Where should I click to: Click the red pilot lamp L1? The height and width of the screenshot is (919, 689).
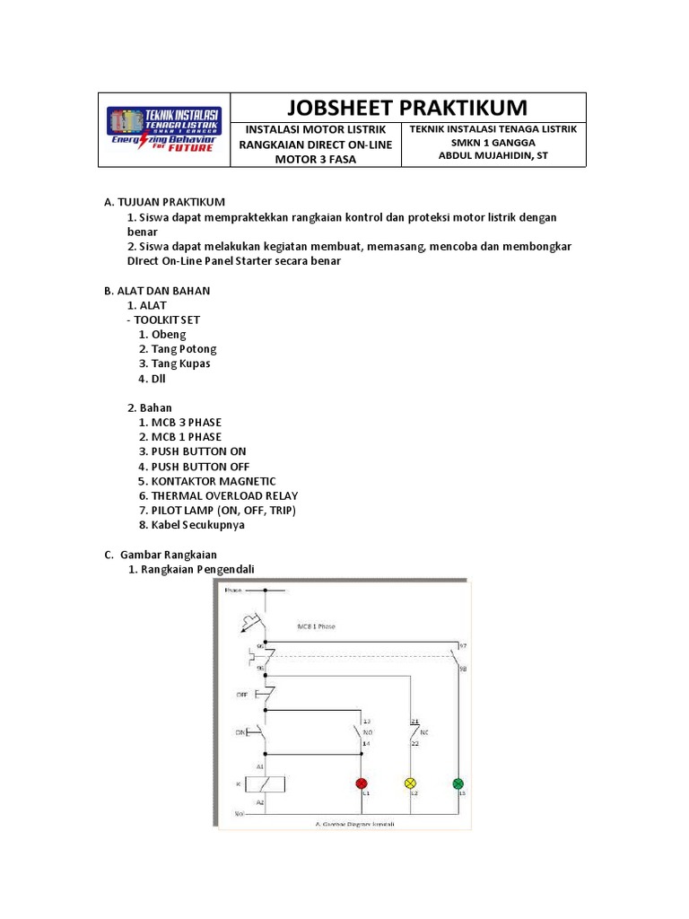[x=363, y=783]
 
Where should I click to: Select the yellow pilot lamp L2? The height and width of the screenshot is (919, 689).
[x=412, y=783]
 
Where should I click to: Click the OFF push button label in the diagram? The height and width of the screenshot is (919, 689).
[x=241, y=695]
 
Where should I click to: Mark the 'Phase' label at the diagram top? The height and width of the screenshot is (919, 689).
[x=234, y=591]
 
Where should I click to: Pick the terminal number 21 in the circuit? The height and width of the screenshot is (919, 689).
[x=414, y=721]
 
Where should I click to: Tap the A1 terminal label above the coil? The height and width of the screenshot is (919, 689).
[x=261, y=767]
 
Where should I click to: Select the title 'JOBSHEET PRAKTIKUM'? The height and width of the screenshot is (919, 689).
[x=407, y=108]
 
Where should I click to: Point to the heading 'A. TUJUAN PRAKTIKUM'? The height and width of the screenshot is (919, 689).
[x=165, y=202]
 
